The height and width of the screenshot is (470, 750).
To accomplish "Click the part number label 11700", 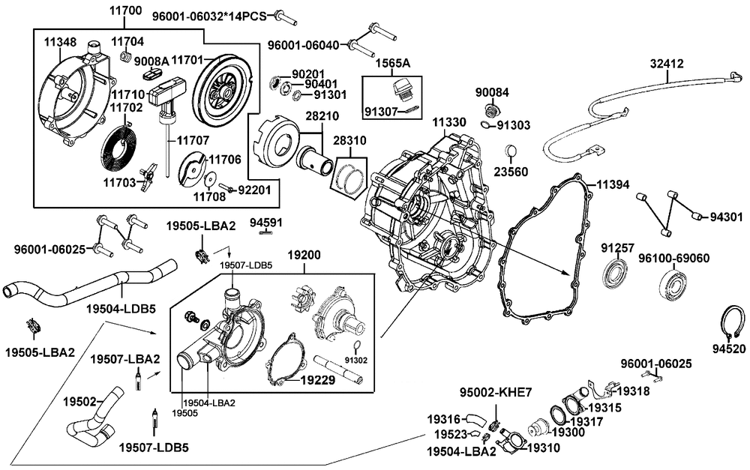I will [125, 11].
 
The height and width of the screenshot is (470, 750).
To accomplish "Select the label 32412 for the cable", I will [667, 64].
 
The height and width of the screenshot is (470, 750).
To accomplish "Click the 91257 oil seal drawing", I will [617, 273].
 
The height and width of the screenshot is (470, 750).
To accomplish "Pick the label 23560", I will [511, 172].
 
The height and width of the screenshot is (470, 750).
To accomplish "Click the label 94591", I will [265, 223].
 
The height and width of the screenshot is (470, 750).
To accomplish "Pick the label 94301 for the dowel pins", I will [726, 217].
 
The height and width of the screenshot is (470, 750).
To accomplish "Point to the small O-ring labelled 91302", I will [356, 346].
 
